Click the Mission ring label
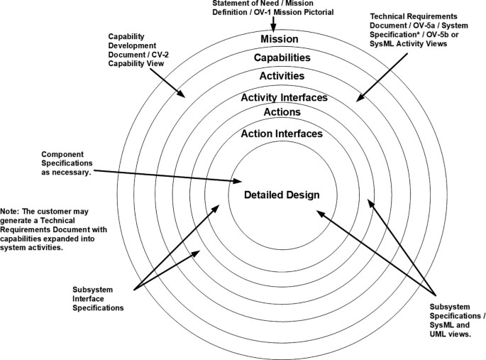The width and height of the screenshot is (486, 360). pyautogui.click(x=279, y=39)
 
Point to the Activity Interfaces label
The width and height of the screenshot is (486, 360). pyautogui.click(x=284, y=98)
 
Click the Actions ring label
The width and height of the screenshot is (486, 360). pyautogui.click(x=282, y=112)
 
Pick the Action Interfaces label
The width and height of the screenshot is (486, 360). pyautogui.click(x=282, y=133)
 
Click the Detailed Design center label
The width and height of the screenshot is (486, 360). pyautogui.click(x=282, y=195)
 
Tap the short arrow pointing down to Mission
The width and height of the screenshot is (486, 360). pyautogui.click(x=273, y=26)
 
